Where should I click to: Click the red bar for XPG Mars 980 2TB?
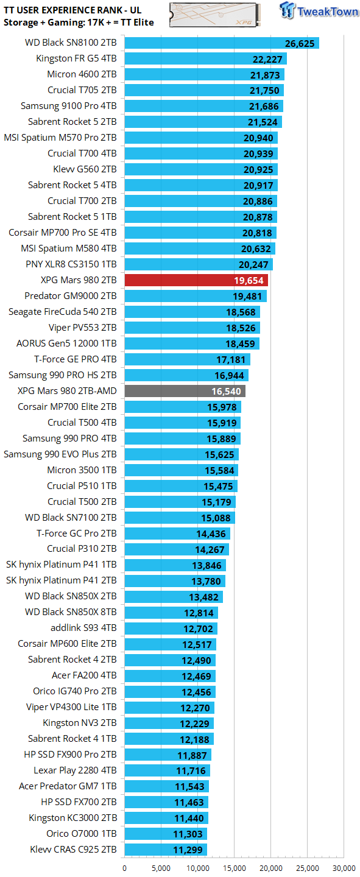click(196, 280)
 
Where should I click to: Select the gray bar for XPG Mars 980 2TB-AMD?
click(185, 391)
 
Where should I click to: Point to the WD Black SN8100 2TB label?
click(71, 43)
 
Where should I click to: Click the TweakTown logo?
click(320, 12)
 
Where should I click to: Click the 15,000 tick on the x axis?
click(235, 868)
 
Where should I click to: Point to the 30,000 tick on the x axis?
click(344, 868)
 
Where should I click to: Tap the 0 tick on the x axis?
click(125, 868)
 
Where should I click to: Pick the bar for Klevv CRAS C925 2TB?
click(166, 850)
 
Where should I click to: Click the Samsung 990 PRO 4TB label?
click(69, 438)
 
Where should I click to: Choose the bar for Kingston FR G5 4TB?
click(205, 58)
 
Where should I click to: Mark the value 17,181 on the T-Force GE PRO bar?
click(231, 359)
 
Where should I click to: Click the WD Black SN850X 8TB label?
click(71, 612)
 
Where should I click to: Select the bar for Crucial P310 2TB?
click(177, 549)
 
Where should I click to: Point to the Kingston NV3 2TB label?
click(80, 723)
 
